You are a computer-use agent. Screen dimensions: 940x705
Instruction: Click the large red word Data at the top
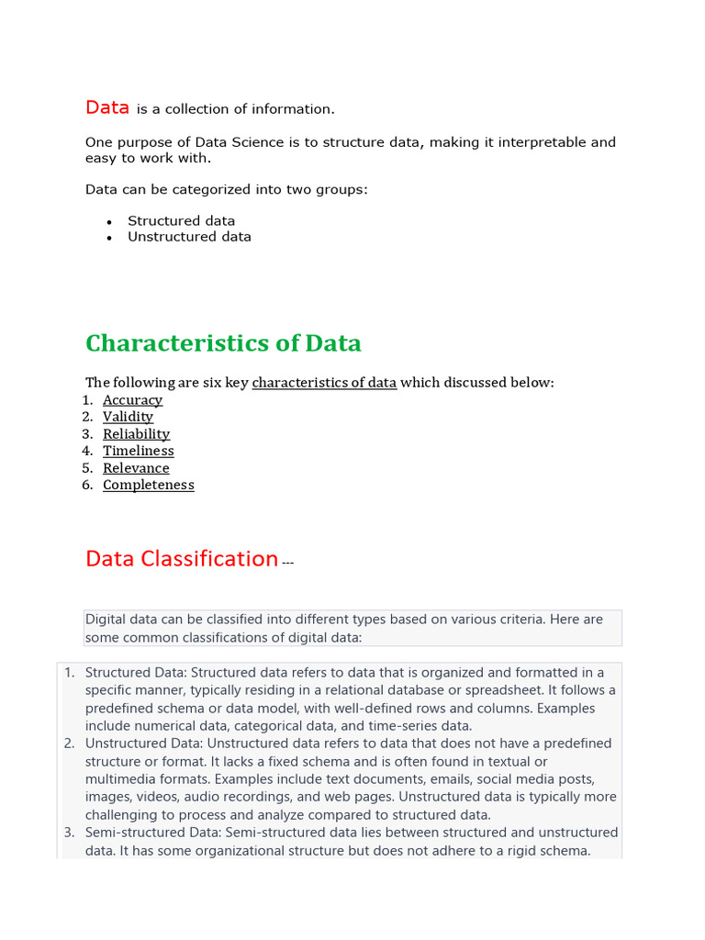(x=107, y=107)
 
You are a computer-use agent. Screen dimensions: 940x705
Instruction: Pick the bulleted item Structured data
(x=181, y=221)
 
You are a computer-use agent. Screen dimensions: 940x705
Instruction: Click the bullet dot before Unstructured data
(x=109, y=238)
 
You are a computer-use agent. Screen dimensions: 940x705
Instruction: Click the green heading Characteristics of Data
(x=223, y=343)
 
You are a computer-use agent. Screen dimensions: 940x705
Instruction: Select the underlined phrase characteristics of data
(x=324, y=383)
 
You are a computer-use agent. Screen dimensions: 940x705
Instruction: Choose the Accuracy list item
(x=132, y=400)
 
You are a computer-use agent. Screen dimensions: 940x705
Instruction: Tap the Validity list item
(x=128, y=417)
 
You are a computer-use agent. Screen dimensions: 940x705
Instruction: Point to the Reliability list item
(x=136, y=434)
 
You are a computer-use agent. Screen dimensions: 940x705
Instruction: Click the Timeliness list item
(x=138, y=451)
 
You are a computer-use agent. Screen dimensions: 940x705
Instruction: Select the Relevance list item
(x=136, y=468)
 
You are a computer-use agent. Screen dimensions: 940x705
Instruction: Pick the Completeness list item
(x=148, y=486)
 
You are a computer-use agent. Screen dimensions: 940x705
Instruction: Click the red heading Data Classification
(x=182, y=558)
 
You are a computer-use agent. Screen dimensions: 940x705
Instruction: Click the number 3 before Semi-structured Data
(x=69, y=832)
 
